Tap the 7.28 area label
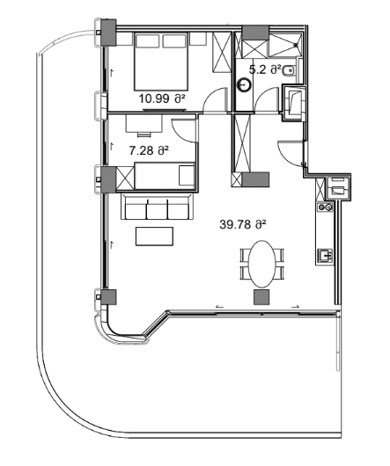pyautogui.click(x=148, y=151)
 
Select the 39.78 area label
pyautogui.click(x=242, y=224)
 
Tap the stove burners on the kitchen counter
pyautogui.click(x=324, y=208)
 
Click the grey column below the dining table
pyautogui.click(x=261, y=298)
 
